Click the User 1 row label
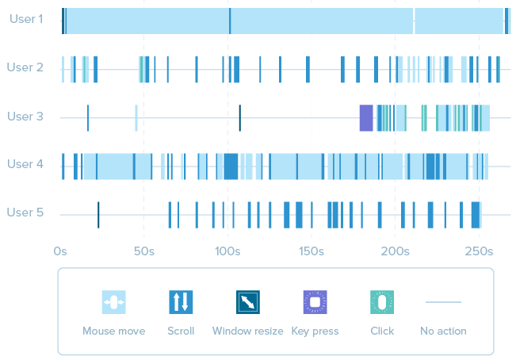point(26,19)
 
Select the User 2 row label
point(25,67)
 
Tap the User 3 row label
point(25,117)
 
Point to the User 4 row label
point(25,164)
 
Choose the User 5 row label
point(25,213)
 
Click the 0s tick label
point(60,251)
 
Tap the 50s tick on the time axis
point(144,251)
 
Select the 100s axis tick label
point(227,251)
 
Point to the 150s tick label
point(312,251)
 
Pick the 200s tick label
point(396,251)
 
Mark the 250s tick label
point(479,251)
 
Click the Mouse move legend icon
point(114,302)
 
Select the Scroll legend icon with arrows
point(181,302)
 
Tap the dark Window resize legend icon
point(248,302)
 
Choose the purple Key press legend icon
point(315,302)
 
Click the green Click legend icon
point(382,302)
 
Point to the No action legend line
point(443,302)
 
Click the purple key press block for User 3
point(366,118)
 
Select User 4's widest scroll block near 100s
point(231,167)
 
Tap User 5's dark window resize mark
point(98,215)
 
